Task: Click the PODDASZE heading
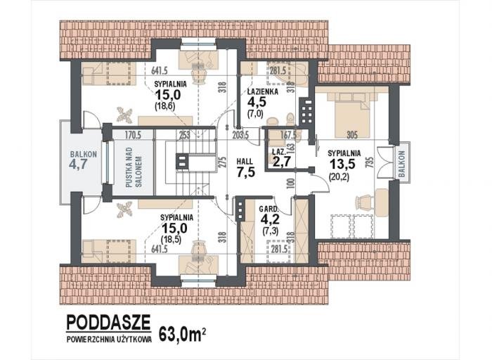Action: coord(108,322)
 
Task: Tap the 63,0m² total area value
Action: coord(183,335)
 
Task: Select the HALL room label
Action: coord(245,162)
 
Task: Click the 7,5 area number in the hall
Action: coord(245,172)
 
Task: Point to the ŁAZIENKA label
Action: coord(262,92)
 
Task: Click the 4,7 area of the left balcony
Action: coord(78,164)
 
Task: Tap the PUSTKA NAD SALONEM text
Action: coord(134,167)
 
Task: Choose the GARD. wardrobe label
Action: coord(268,209)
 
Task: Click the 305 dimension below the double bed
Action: coord(352,135)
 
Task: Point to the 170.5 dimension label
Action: coord(133,135)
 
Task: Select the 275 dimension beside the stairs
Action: coord(222,162)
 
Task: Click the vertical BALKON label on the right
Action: coord(402,163)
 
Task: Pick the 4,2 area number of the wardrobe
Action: coord(270,219)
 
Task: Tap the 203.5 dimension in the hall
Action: coord(240,135)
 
